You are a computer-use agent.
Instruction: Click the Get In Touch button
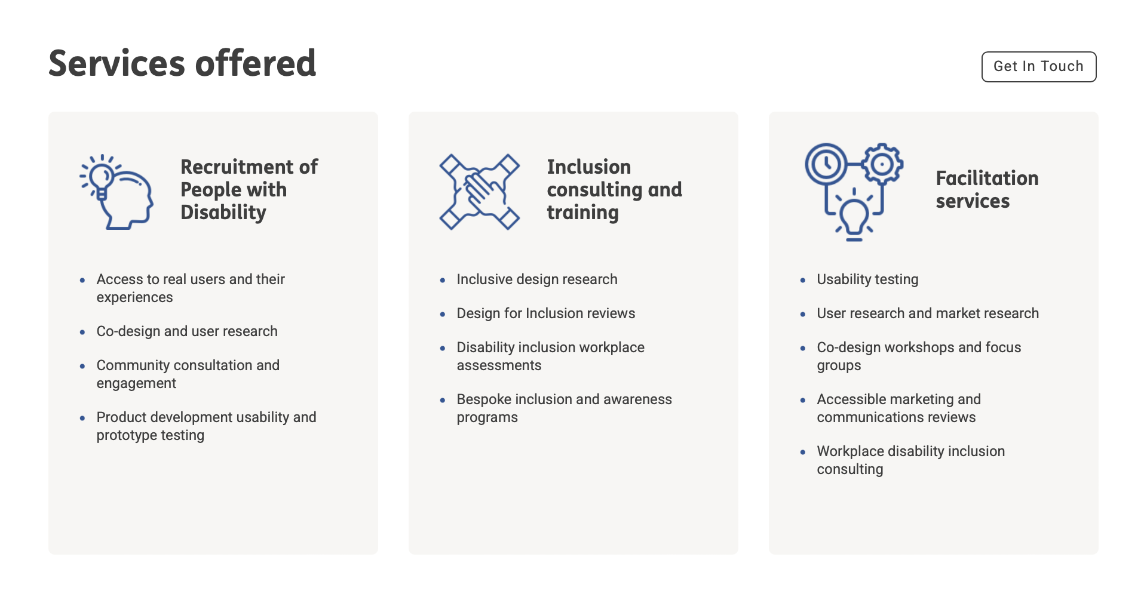1038,67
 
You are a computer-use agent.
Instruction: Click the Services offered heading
182,63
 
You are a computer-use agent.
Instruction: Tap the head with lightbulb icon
117,192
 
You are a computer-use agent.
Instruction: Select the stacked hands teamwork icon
479,192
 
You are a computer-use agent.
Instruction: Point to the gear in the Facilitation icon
882,164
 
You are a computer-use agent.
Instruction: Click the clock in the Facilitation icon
826,164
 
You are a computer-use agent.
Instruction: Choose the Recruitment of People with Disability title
249,189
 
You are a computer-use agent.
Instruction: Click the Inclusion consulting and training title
614,189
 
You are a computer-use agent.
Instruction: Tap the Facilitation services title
987,189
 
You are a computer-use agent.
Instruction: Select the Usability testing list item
867,279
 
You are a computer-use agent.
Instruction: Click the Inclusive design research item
536,279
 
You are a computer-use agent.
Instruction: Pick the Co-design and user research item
187,331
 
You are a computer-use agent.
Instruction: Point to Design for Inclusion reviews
545,313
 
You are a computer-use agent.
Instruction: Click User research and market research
927,313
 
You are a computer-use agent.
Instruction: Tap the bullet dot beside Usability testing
803,280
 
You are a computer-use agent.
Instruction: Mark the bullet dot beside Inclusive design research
443,280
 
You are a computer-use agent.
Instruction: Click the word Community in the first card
133,365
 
